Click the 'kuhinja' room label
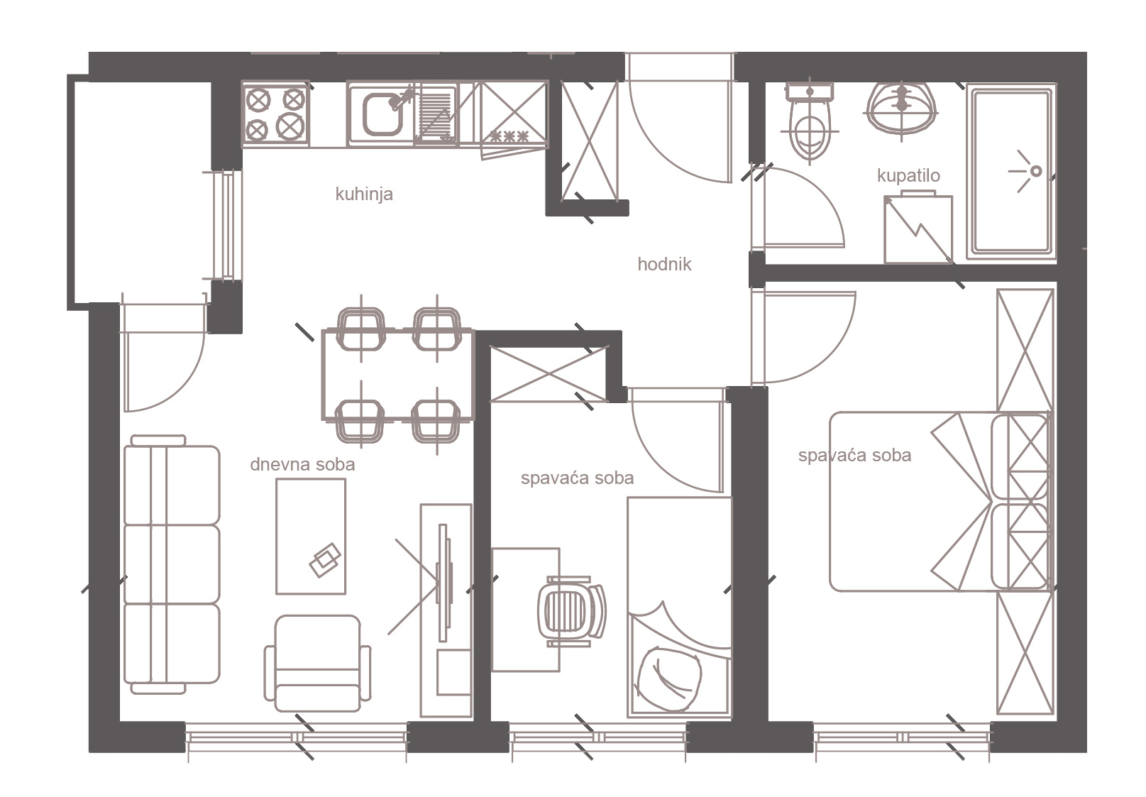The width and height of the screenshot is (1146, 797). (x=364, y=194)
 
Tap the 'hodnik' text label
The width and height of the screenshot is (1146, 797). (x=664, y=264)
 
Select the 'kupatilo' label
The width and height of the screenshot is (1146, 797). (x=908, y=175)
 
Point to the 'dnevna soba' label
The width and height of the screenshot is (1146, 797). (x=302, y=464)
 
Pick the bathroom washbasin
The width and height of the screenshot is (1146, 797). (x=901, y=109)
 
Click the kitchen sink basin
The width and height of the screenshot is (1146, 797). (x=382, y=114)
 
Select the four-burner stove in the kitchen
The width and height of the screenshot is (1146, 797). (x=275, y=114)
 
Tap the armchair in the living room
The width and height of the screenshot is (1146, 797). (x=317, y=663)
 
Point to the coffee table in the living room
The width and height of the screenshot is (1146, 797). (x=311, y=537)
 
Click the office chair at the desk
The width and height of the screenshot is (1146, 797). (x=571, y=611)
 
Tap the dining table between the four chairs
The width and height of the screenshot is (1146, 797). (x=398, y=375)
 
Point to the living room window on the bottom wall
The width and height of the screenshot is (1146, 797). (x=296, y=737)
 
